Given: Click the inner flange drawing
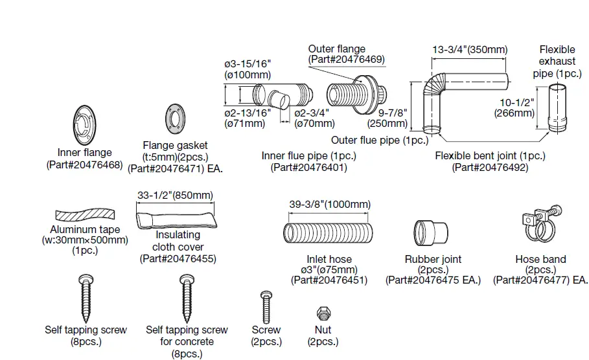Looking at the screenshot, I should coord(84,125).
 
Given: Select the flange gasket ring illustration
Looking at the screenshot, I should coord(175,117).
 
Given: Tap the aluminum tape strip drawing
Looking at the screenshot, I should coord(84,216).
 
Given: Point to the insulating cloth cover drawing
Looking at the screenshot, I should coord(176,216).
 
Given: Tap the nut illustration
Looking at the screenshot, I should coord(323,313).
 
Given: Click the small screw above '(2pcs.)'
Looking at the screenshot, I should coord(266,304).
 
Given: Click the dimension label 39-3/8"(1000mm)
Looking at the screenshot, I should coord(330,205).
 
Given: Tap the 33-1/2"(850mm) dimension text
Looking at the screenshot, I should coord(175,195).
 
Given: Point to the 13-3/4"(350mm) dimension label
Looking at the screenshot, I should coord(470,49).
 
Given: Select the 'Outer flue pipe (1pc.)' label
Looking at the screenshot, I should coord(380,140).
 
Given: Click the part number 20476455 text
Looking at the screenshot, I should coord(178,258).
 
